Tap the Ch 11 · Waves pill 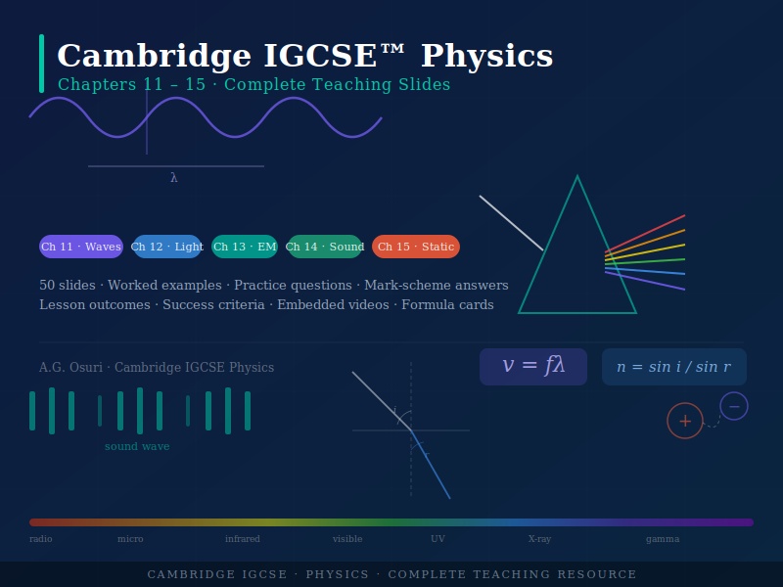(x=81, y=247)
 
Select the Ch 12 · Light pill (x=167, y=247)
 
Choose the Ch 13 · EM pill (x=245, y=247)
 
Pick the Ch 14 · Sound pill (x=325, y=247)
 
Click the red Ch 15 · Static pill (x=416, y=247)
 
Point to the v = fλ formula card (x=533, y=367)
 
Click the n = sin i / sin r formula (x=673, y=367)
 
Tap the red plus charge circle (x=685, y=421)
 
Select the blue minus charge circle (x=734, y=406)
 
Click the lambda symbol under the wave (x=174, y=178)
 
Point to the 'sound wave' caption (x=137, y=447)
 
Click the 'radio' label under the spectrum (x=41, y=539)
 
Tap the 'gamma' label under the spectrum (x=663, y=539)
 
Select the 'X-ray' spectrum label (x=539, y=539)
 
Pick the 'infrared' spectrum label (x=243, y=539)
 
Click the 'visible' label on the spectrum (x=347, y=539)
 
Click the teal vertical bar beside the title (x=41, y=64)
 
